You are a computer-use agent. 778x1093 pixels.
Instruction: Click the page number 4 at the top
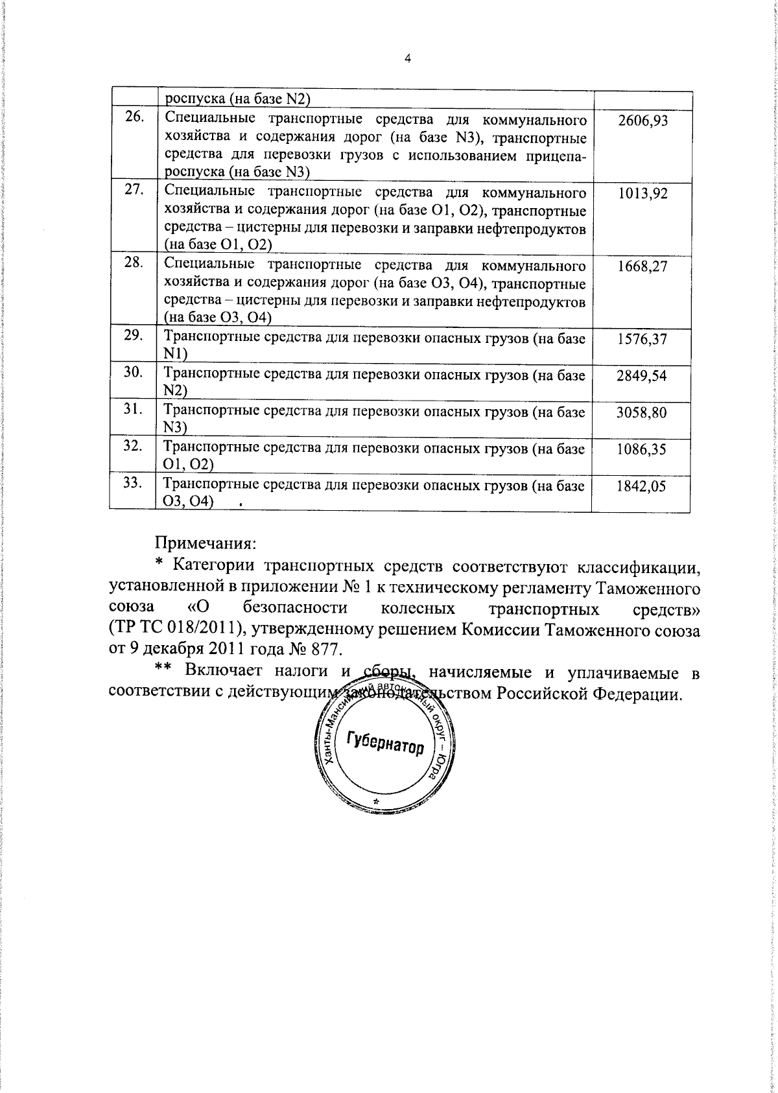point(407,58)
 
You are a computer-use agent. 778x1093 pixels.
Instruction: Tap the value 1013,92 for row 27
point(643,194)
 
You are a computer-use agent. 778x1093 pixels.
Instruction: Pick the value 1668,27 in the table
point(643,266)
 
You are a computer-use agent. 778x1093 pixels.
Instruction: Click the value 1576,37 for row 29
point(643,339)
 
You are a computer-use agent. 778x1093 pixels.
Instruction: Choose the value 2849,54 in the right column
point(643,376)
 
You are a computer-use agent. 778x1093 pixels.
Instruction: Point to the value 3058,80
point(643,412)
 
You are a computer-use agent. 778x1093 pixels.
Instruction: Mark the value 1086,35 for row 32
point(643,449)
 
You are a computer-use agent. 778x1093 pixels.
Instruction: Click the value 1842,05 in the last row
point(643,486)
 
